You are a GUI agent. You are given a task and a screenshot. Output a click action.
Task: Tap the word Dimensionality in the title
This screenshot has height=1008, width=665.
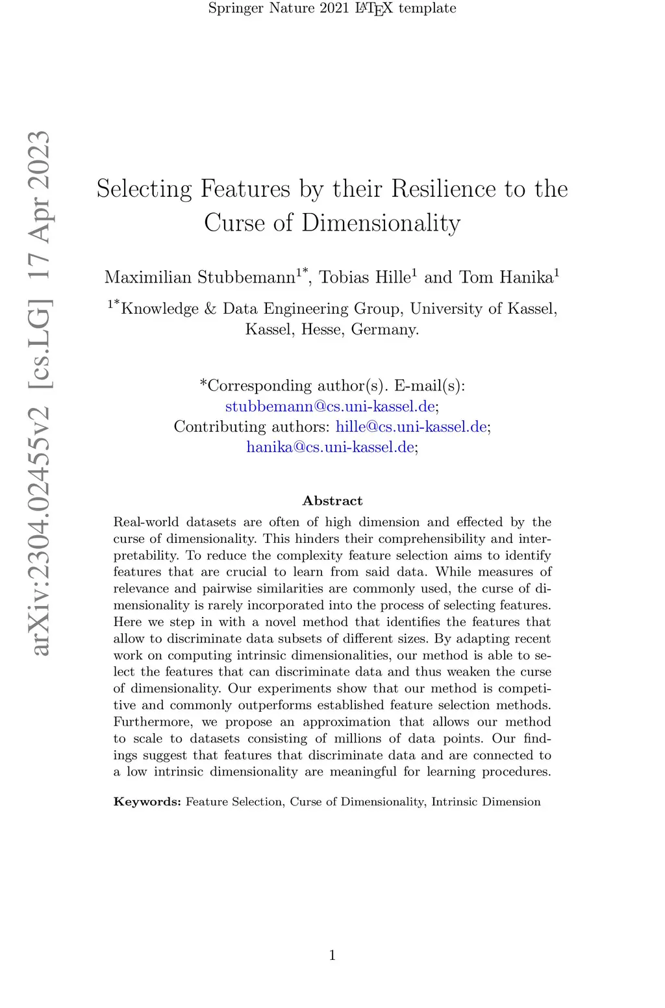(381, 223)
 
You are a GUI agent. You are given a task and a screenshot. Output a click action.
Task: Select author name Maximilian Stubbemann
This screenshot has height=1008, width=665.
(200, 277)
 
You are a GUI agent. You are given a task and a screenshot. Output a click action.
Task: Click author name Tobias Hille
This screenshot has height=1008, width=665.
(365, 277)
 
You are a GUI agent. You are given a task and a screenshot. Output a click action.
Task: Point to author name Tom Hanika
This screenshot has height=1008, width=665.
(506, 277)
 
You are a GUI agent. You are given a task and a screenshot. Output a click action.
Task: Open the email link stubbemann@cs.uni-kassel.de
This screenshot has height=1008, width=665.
(330, 407)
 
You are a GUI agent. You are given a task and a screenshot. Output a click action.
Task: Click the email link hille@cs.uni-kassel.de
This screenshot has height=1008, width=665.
(411, 427)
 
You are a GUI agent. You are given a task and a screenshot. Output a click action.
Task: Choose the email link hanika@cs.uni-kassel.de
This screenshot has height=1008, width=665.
(330, 447)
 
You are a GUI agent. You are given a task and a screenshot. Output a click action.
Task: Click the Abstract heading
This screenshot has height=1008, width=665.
(332, 501)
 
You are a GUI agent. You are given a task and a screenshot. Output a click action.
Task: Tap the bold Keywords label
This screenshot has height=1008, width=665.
(147, 801)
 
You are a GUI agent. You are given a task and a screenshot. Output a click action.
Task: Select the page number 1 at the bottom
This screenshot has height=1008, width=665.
(332, 955)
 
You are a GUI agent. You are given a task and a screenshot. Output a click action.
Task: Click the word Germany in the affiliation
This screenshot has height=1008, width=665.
(383, 329)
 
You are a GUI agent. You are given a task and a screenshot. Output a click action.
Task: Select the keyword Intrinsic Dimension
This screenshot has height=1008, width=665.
(486, 801)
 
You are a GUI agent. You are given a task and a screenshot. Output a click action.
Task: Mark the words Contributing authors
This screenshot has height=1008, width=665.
(251, 427)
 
